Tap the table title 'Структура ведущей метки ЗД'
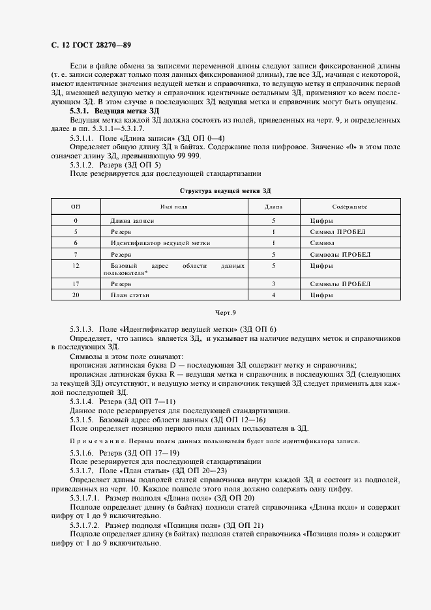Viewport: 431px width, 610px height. point(224,190)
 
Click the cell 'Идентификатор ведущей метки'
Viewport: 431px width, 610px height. point(160,242)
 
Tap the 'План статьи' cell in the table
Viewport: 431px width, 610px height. point(130,295)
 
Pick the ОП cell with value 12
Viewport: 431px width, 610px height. point(76,267)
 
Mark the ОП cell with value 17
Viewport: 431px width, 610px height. point(76,284)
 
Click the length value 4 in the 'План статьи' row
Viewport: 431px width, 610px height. point(273,295)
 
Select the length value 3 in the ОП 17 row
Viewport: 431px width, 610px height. point(273,284)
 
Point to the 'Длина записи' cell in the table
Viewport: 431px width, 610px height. point(132,222)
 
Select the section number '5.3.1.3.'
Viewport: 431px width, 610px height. point(82,329)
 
